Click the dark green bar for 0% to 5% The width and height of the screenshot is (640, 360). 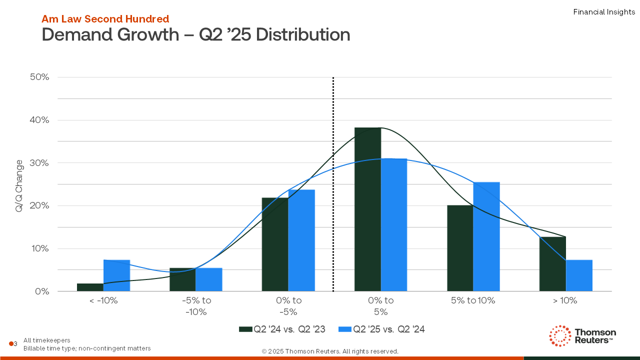tap(367, 209)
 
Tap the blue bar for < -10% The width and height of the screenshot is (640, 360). tap(116, 275)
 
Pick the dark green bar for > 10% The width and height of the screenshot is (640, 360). tap(552, 264)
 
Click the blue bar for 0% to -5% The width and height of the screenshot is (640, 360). tap(301, 240)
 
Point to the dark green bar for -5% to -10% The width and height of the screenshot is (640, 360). tap(182, 279)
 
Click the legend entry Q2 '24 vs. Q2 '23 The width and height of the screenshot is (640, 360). tap(282, 329)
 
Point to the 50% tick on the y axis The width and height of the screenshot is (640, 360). tap(39, 77)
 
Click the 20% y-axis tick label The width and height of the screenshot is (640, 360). tap(39, 205)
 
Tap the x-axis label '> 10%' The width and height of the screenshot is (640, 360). tap(565, 300)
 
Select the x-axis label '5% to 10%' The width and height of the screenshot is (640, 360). tap(472, 300)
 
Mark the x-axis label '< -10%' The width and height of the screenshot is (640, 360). tap(103, 300)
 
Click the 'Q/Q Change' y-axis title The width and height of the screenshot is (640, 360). tap(19, 185)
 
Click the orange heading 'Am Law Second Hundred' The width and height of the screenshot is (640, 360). tap(105, 19)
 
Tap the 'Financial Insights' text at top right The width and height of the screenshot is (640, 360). tap(604, 12)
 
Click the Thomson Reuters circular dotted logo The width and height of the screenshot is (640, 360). tap(560, 336)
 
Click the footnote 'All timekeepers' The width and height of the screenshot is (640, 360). tap(47, 340)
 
